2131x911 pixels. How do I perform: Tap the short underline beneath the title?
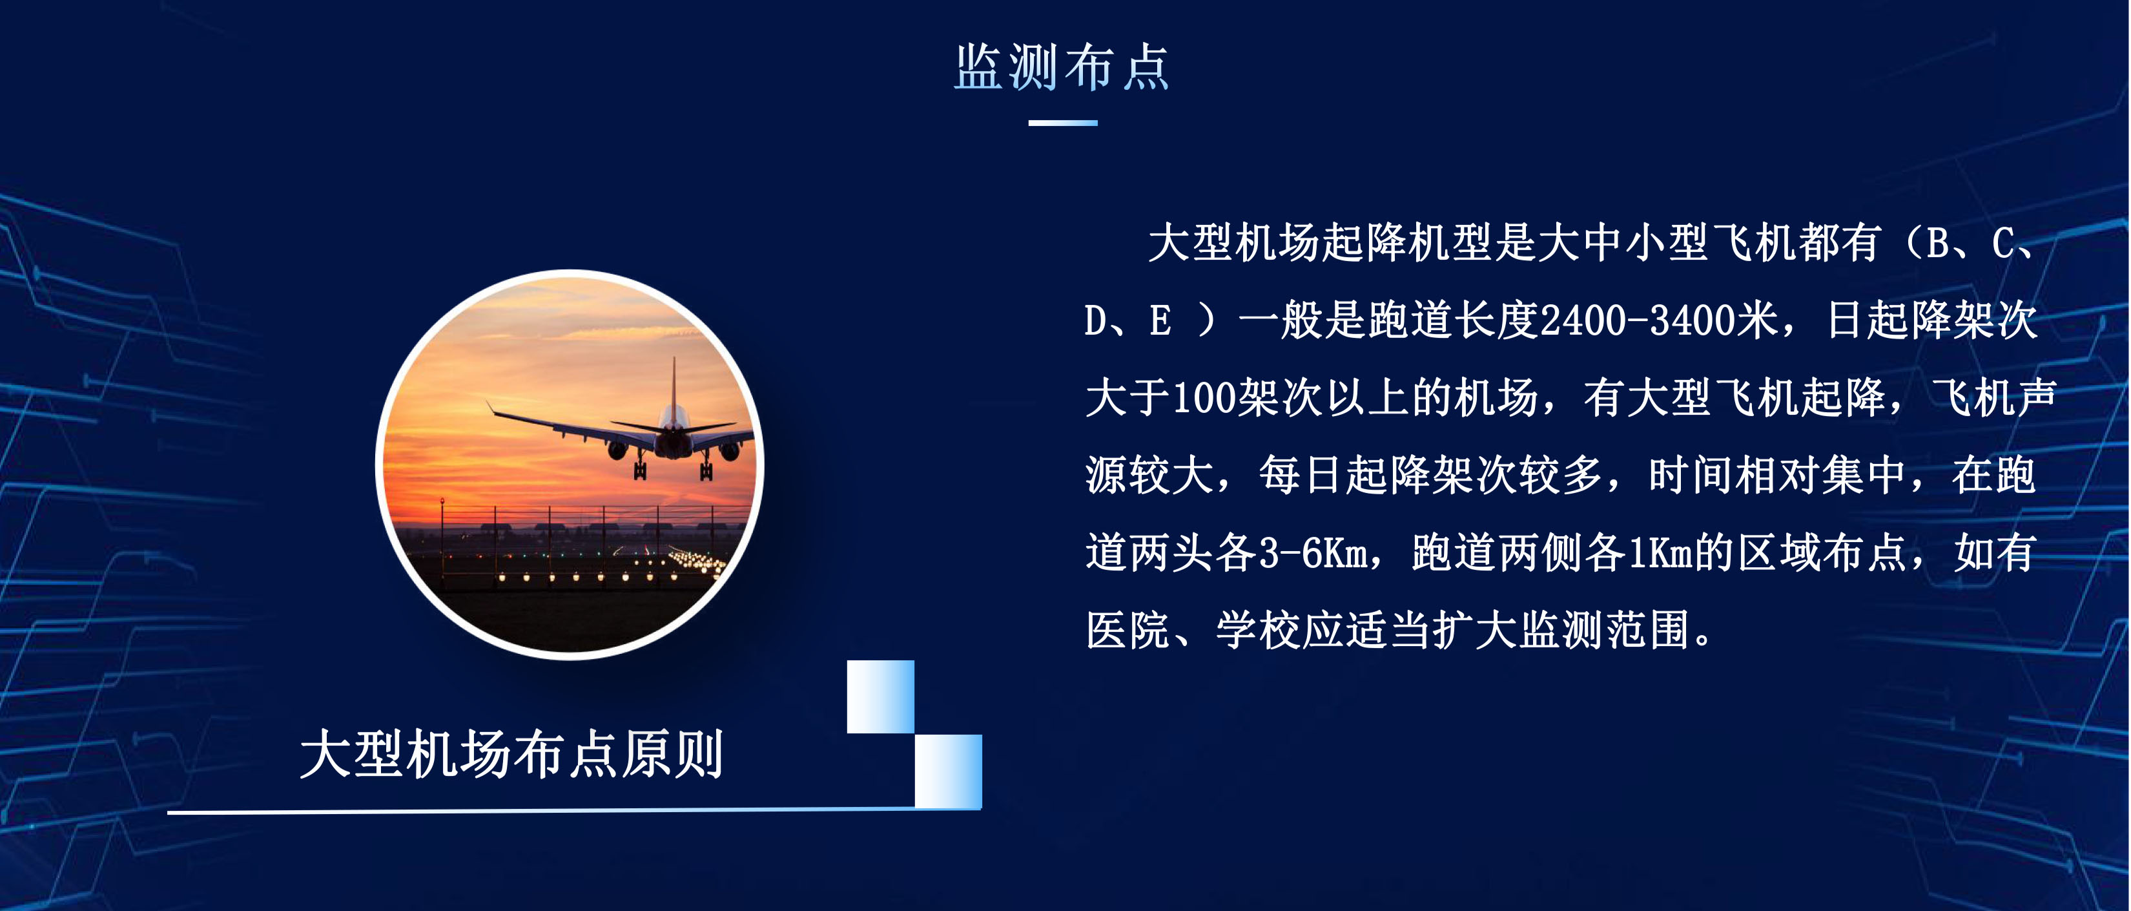click(x=1063, y=123)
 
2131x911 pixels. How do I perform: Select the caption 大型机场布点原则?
click(x=512, y=754)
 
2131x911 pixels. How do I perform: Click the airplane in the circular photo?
click(x=621, y=426)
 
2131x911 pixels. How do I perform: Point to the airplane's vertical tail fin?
click(x=674, y=385)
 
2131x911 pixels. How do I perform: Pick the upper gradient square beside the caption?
click(x=880, y=696)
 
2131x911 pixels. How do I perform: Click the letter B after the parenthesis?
click(x=1939, y=244)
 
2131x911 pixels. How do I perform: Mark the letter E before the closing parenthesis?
click(x=1160, y=321)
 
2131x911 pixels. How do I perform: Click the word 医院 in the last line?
click(x=1127, y=631)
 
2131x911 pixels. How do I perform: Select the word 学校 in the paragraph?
click(x=1258, y=631)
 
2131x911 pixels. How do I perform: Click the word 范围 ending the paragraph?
click(x=1649, y=631)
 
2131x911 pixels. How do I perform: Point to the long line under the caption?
click(x=574, y=811)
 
